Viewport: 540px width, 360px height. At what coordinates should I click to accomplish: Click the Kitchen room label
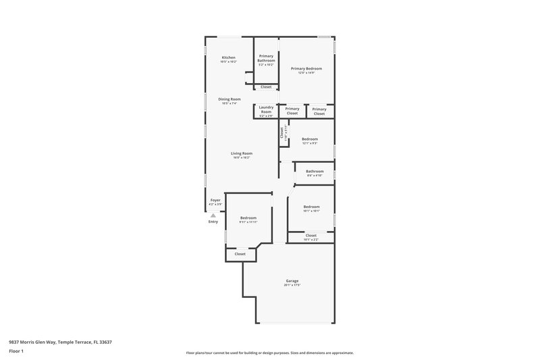pos(229,57)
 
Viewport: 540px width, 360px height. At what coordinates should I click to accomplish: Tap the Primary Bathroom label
pos(266,58)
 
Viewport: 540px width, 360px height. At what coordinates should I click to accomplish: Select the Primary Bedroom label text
pos(306,68)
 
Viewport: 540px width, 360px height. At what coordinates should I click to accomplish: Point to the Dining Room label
pos(229,99)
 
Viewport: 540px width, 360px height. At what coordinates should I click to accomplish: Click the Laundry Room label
pos(266,109)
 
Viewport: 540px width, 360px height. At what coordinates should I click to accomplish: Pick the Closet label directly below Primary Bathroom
pos(266,86)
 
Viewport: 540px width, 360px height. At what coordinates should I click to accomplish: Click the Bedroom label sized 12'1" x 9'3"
pos(310,139)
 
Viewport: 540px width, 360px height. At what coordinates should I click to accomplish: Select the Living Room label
pos(242,153)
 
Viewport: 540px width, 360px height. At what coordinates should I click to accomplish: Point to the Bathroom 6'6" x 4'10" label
pos(315,172)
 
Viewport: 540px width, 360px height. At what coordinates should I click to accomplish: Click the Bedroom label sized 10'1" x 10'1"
pos(311,207)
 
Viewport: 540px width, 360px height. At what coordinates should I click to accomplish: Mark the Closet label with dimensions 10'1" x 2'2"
pos(310,236)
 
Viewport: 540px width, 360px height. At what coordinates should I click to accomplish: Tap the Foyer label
pos(215,200)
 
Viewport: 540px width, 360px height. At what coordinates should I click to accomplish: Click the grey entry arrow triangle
pos(213,215)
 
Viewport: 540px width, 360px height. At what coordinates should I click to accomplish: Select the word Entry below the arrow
pos(213,222)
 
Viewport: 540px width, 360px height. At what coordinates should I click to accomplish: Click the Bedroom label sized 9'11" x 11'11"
pos(248,217)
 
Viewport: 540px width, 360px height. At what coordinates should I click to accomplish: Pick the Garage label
pos(292,280)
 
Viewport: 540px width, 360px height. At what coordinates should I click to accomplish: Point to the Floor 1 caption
pos(16,352)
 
